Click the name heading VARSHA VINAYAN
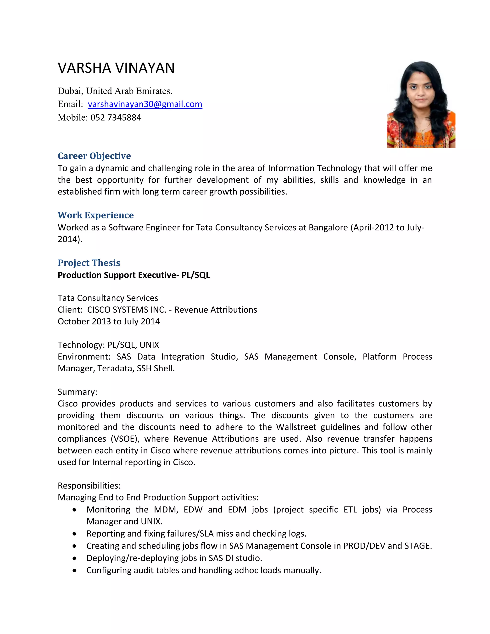116,68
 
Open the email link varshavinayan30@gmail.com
145,104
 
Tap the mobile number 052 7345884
116,117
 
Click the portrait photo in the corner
421,105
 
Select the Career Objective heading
94,156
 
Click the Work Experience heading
95,215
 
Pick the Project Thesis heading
89,263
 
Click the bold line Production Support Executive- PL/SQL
134,275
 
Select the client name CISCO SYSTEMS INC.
127,310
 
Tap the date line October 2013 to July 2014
109,322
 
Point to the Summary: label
77,392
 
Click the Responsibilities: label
89,486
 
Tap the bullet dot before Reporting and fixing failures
75,534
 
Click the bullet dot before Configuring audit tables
75,570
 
